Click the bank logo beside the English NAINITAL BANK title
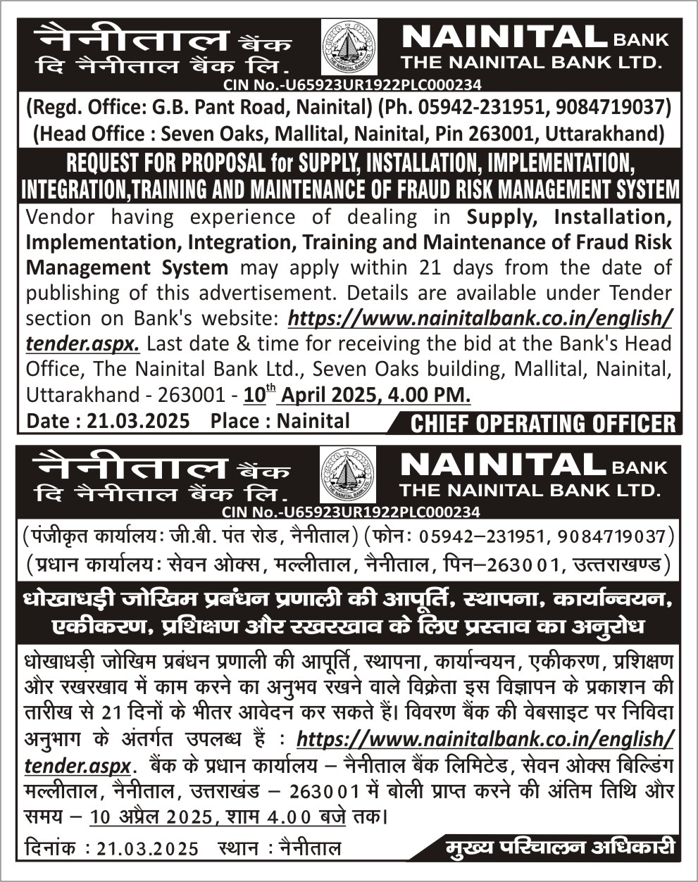[349, 47]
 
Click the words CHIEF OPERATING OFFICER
[542, 424]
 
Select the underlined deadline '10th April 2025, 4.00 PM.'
[356, 395]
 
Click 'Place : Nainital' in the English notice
[280, 421]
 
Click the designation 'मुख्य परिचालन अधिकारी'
[561, 847]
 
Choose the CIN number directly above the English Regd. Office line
[351, 85]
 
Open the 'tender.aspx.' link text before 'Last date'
[82, 344]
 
